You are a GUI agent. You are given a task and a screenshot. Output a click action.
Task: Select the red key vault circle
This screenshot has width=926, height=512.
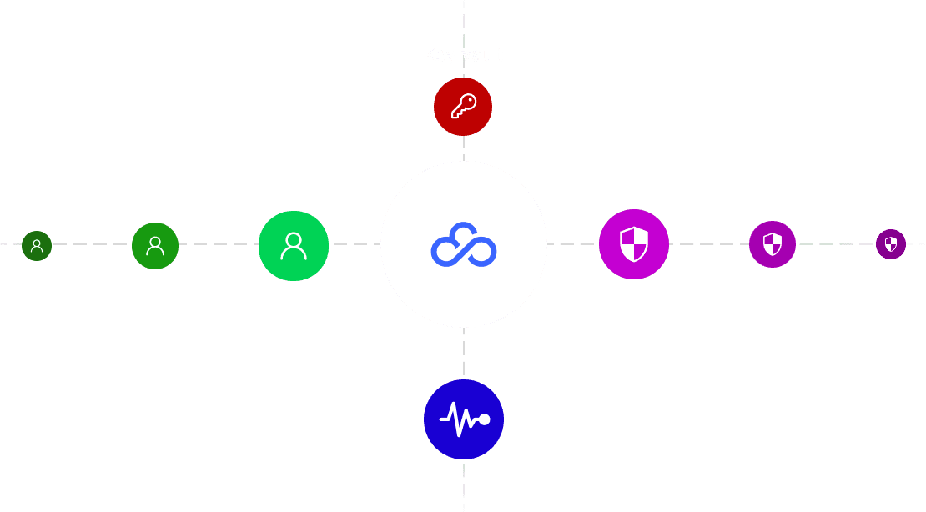(x=463, y=107)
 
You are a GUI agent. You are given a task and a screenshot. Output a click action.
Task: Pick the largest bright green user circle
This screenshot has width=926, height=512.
(x=294, y=245)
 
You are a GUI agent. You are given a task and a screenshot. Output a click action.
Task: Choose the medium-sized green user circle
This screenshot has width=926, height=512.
(x=155, y=246)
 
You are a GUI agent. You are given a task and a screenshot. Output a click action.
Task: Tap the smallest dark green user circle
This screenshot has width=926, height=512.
(x=37, y=246)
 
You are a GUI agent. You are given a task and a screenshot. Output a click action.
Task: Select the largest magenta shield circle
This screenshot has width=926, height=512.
(x=634, y=244)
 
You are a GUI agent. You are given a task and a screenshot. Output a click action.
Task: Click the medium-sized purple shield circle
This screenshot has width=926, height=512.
(x=773, y=244)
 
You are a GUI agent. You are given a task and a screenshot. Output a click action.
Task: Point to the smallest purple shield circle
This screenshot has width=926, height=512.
(x=891, y=244)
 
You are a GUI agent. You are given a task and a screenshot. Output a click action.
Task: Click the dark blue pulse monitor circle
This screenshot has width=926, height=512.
(x=464, y=419)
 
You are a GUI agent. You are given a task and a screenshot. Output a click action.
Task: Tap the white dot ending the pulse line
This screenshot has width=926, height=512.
(x=484, y=419)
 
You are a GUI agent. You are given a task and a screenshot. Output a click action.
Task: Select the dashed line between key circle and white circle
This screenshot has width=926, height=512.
(x=464, y=148)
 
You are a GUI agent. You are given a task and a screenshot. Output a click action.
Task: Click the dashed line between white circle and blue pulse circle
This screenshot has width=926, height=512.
(x=464, y=354)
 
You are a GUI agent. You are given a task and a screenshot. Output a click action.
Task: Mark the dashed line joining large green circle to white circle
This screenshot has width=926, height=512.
(x=355, y=245)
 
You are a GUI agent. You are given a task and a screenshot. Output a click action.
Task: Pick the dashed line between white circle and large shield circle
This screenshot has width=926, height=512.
(x=573, y=244)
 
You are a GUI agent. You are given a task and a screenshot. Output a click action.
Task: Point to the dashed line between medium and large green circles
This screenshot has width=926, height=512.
(x=219, y=245)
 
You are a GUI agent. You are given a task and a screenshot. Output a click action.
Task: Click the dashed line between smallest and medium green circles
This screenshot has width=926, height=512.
(x=92, y=245)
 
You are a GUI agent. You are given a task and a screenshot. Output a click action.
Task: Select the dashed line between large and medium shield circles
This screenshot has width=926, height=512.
(x=709, y=244)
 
